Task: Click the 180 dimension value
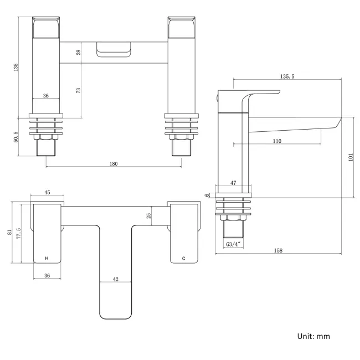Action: tap(114, 164)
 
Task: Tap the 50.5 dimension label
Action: tap(17, 136)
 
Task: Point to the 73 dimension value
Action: tap(79, 90)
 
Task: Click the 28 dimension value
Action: tap(79, 52)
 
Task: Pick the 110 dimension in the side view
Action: tap(277, 141)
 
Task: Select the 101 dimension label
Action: tap(350, 157)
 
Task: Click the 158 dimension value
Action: tap(278, 251)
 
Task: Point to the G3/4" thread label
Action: tap(233, 244)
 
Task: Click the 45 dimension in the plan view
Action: tap(47, 193)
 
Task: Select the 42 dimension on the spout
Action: tap(116, 280)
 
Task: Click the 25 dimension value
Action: tap(148, 216)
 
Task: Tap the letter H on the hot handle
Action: tap(47, 259)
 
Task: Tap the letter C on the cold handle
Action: tap(183, 259)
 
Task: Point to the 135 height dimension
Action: tap(17, 68)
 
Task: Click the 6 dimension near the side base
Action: tap(207, 195)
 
